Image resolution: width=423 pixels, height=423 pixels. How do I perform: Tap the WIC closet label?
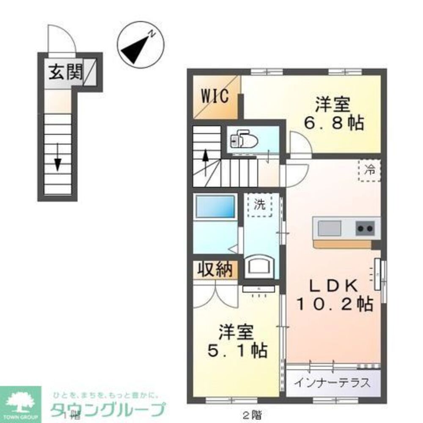point(214,96)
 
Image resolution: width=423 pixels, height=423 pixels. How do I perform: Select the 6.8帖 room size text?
point(334,124)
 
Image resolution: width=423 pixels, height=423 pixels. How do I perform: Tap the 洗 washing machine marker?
point(260,205)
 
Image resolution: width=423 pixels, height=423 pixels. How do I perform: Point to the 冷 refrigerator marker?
point(370,171)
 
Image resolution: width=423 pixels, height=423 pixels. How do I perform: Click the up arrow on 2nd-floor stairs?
point(205,161)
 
